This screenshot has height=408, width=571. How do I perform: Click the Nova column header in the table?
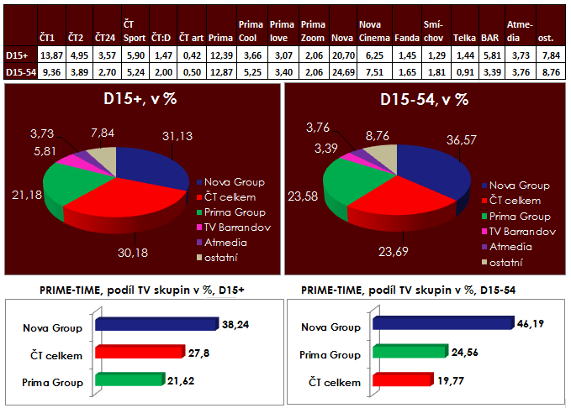341,39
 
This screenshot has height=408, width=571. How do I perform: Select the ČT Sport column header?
135,32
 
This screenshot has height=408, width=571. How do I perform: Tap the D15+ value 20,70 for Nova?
341,55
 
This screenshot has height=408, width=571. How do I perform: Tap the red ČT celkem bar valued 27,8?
126,353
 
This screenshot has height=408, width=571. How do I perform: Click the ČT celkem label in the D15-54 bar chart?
334,382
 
